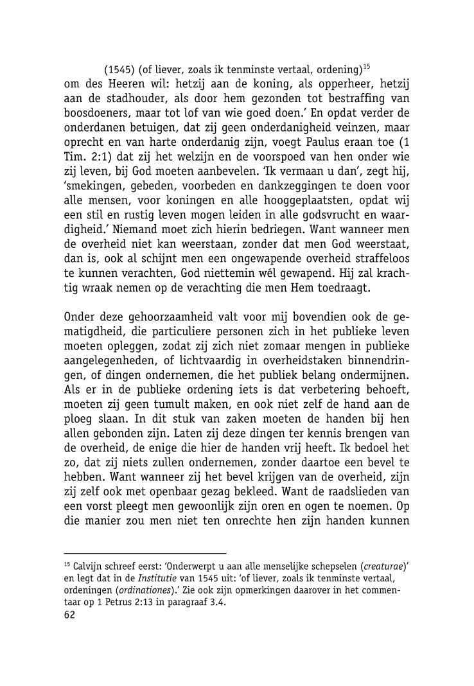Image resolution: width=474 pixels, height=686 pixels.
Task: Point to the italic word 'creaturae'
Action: [383, 568]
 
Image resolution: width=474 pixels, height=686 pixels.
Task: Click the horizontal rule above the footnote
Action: [146, 552]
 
